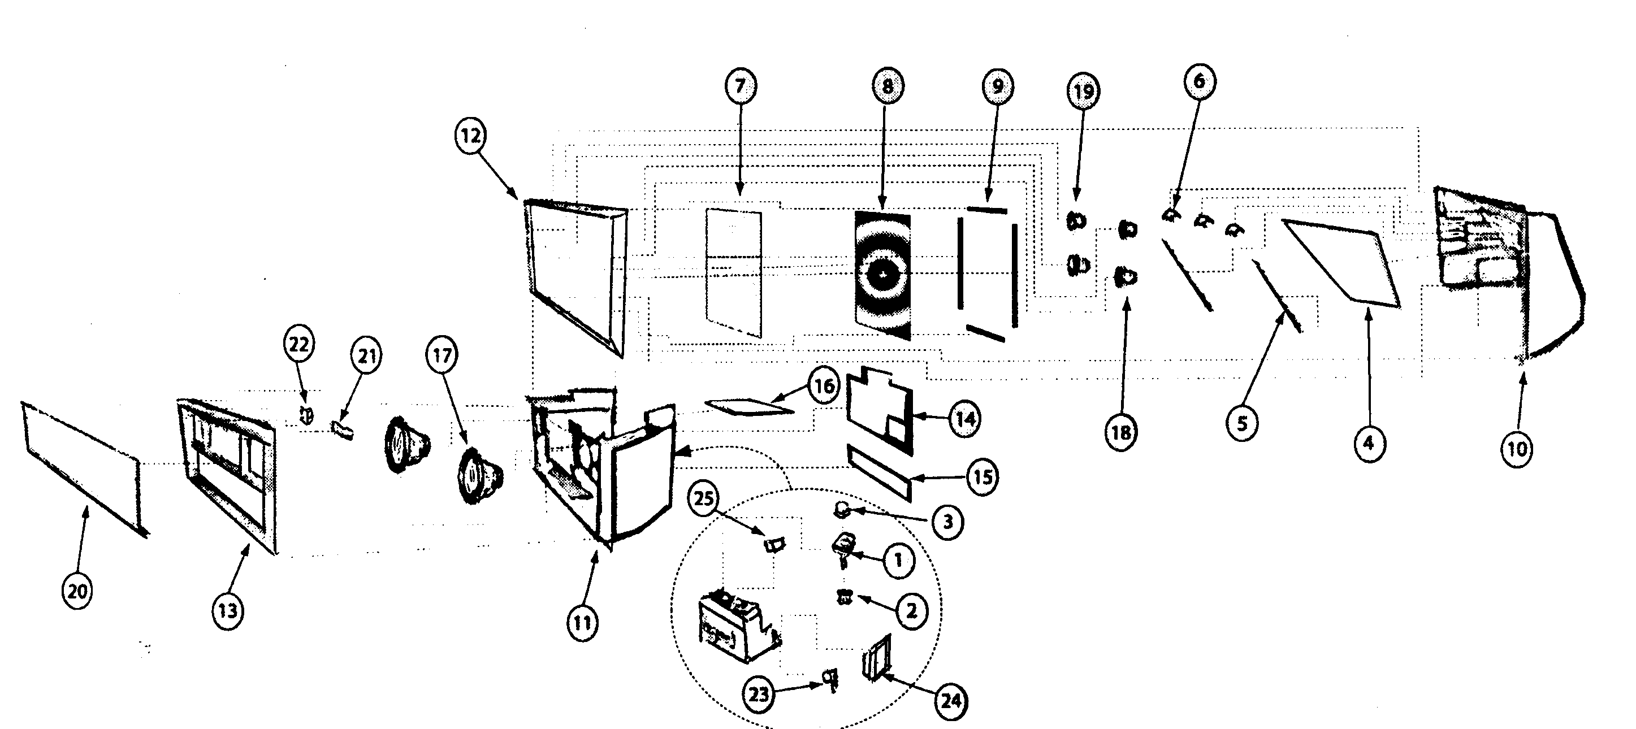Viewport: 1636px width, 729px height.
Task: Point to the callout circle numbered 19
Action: pyautogui.click(x=1084, y=92)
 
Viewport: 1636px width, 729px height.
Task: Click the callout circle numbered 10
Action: pyautogui.click(x=1517, y=449)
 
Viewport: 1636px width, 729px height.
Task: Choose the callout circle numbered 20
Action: pyautogui.click(x=77, y=591)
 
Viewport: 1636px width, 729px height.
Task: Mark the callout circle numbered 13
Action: pyautogui.click(x=227, y=611)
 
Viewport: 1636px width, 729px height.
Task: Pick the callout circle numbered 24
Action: pyautogui.click(x=951, y=701)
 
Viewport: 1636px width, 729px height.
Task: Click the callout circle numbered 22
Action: pyautogui.click(x=298, y=344)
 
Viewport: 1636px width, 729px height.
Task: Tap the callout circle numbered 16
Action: pyautogui.click(x=824, y=385)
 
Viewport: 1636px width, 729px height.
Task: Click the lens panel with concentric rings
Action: pyautogui.click(x=884, y=274)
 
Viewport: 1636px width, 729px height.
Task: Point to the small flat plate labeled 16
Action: pyautogui.click(x=750, y=406)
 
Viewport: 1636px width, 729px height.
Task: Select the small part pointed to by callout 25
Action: pyautogui.click(x=773, y=544)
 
